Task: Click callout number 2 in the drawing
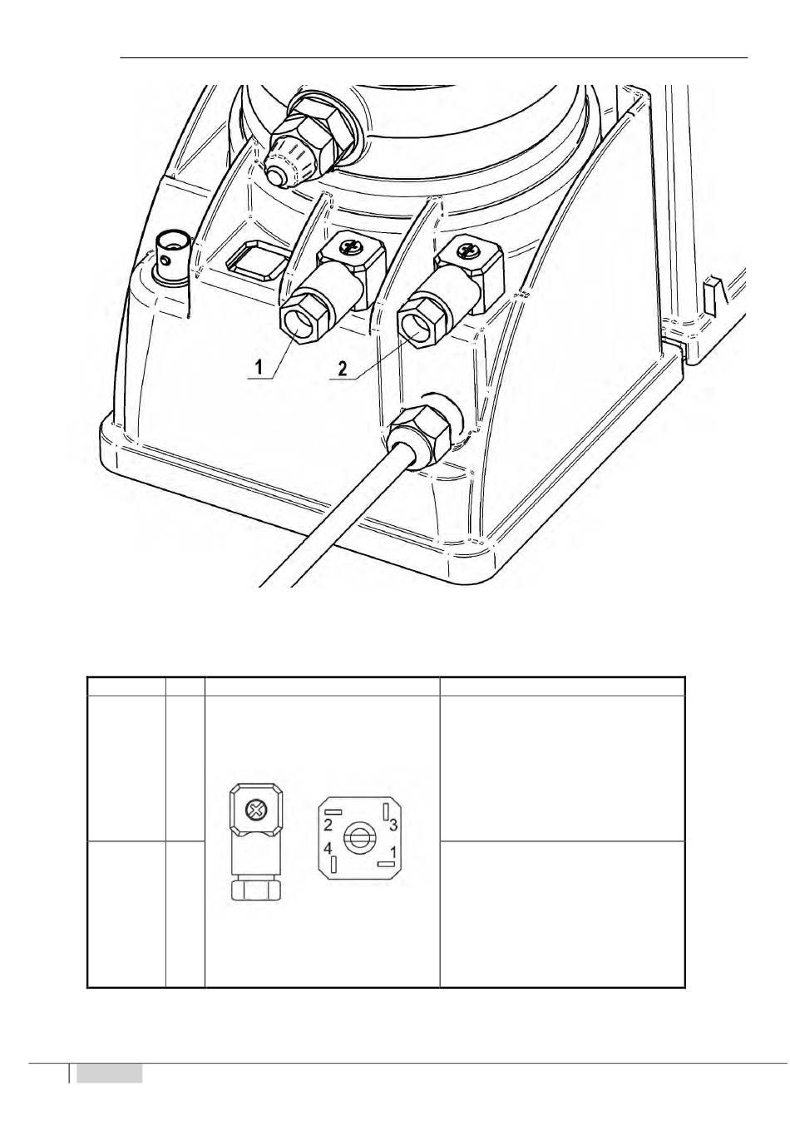coord(343,368)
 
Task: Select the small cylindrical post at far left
coord(172,255)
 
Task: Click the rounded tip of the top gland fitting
coord(279,176)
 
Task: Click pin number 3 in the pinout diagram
coord(393,825)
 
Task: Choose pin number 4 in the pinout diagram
coord(328,848)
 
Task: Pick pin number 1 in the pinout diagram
coord(393,851)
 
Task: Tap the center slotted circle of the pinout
coord(358,839)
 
